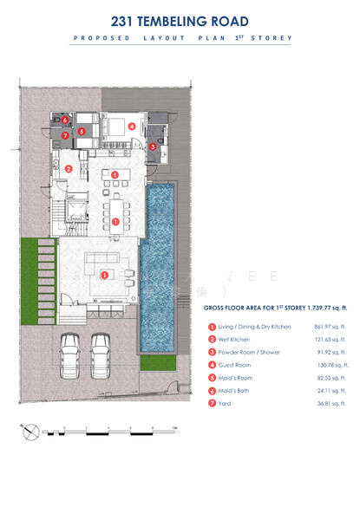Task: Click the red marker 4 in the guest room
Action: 132,127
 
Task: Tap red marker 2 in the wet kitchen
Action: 69,168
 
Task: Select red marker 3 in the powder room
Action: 153,147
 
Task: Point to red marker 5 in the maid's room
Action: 82,132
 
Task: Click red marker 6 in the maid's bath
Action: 65,120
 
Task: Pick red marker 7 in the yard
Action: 65,135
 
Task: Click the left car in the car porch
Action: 71,351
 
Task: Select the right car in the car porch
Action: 101,351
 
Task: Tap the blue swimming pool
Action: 157,260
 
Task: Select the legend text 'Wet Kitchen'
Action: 237,340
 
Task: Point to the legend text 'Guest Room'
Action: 237,366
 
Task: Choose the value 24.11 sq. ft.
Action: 333,391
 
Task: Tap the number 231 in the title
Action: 127,21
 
